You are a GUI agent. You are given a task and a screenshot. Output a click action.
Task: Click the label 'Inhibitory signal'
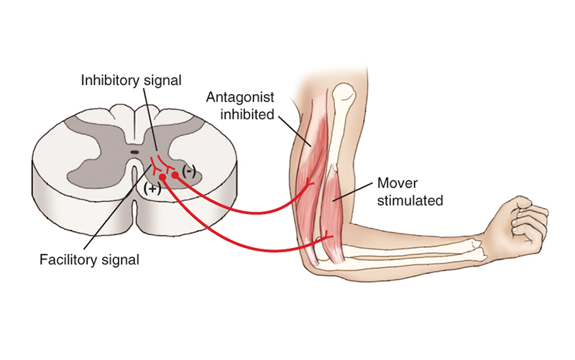131,79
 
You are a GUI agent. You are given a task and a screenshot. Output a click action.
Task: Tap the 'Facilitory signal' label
89,259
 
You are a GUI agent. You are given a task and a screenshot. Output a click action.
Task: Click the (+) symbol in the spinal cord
152,189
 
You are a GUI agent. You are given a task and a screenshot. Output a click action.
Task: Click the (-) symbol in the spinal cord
188,171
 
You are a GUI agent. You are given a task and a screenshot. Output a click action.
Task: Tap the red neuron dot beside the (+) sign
163,177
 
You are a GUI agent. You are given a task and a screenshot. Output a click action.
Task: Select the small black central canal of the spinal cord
135,152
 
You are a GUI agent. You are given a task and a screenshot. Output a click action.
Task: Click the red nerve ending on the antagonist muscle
309,183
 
